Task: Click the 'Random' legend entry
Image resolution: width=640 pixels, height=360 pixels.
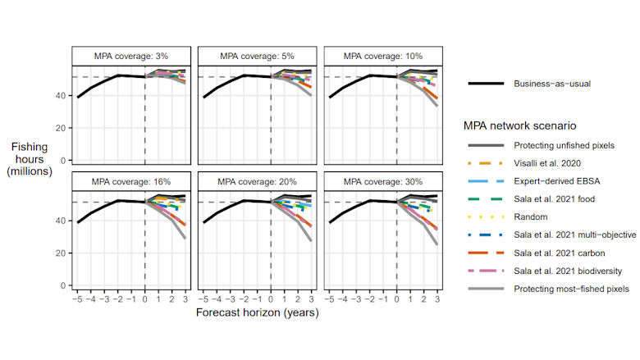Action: [x=530, y=217]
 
